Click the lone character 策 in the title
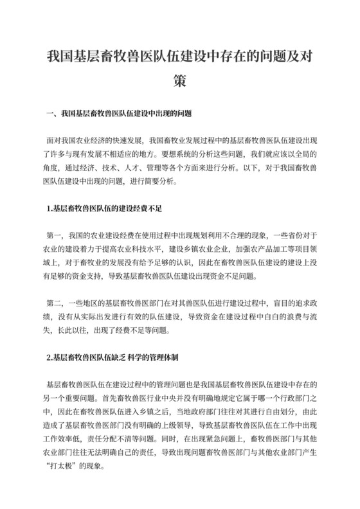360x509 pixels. (x=180, y=82)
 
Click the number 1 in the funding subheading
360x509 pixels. (x=40, y=208)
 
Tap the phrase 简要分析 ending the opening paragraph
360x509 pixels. (x=162, y=181)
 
